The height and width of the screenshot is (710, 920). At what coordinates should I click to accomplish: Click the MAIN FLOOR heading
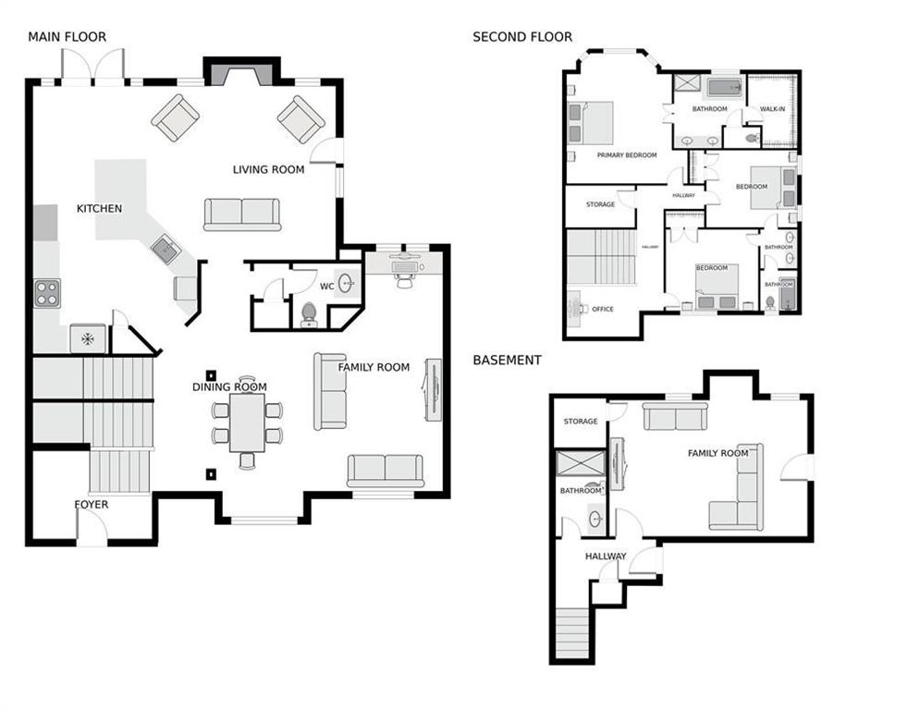coord(67,37)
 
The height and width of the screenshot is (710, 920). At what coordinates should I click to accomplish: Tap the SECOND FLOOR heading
coord(521,37)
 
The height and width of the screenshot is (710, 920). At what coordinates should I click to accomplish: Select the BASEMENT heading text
coord(507,360)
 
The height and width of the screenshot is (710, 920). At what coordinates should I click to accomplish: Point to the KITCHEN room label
coord(99,208)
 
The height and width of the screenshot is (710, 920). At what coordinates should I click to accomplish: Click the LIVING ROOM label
coord(268,169)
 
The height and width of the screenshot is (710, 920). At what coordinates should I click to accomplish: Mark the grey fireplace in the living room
coord(241,73)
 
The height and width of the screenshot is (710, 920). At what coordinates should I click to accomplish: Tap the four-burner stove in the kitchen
coord(47,293)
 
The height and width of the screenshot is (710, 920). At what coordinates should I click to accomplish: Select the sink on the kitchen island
coord(166,249)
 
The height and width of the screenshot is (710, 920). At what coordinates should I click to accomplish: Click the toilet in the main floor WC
coord(309,315)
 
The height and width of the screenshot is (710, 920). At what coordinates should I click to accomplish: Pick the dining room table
coord(247,422)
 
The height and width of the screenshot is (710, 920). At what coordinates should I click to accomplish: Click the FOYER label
coord(92,505)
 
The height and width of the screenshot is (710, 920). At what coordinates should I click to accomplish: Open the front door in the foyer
coord(92,529)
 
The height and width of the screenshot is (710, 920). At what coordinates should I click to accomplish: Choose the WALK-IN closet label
coord(773,109)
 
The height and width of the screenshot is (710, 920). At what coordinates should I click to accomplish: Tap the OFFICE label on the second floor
coord(602,310)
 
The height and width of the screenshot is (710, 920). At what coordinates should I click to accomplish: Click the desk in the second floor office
coord(574,306)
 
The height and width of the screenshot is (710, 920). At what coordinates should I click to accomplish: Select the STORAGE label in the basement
coord(581,422)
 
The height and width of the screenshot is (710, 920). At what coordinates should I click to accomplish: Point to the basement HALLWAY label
coord(606,557)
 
